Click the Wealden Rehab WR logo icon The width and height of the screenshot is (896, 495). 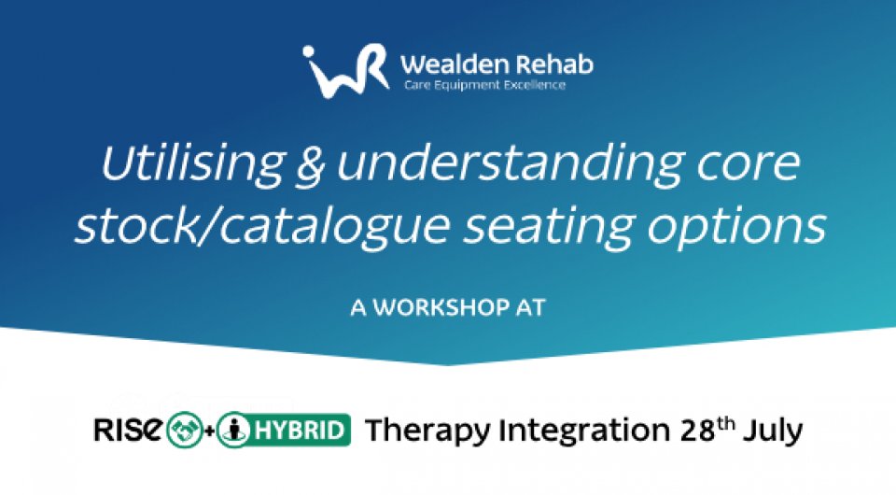[345, 71]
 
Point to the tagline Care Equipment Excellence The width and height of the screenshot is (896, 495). [484, 85]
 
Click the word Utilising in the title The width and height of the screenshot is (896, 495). [192, 163]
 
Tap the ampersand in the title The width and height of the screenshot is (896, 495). [310, 164]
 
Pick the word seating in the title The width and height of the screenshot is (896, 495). [548, 226]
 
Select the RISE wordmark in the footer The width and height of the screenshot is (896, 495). [129, 430]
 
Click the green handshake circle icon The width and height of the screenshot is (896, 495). [184, 431]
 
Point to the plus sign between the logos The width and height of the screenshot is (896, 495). [209, 431]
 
